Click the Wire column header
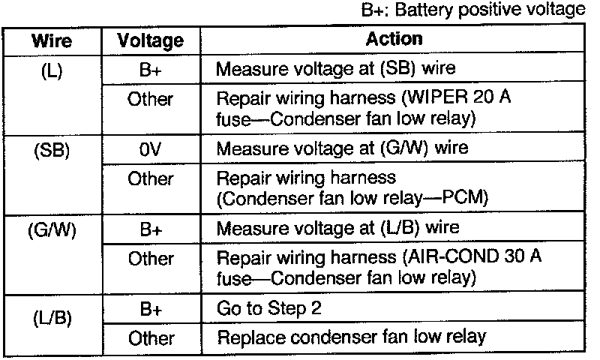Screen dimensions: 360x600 click(x=52, y=40)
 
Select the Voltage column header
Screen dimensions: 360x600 click(x=151, y=40)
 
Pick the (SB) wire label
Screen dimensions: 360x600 click(x=52, y=148)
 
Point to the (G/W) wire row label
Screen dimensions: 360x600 click(x=52, y=228)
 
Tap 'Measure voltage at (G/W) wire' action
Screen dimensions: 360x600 click(x=343, y=148)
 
